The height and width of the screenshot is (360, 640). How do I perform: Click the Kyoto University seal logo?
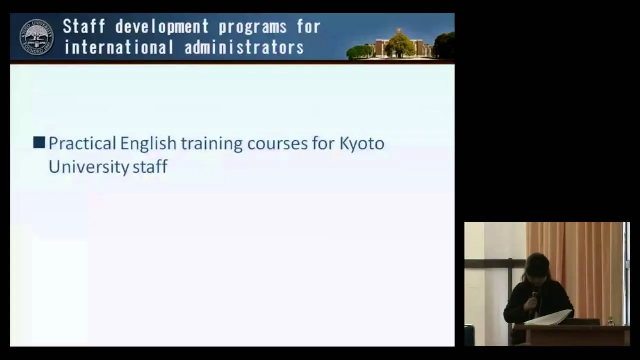pyautogui.click(x=37, y=37)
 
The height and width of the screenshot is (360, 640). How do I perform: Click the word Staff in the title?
pyautogui.click(x=84, y=26)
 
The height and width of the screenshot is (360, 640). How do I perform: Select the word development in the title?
pyautogui.click(x=162, y=27)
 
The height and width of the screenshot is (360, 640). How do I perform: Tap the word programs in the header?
pyautogui.click(x=253, y=27)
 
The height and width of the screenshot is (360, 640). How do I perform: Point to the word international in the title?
pyautogui.click(x=119, y=47)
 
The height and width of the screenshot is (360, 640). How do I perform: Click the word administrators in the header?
pyautogui.click(x=244, y=47)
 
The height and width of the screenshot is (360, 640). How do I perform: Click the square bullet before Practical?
pyautogui.click(x=39, y=143)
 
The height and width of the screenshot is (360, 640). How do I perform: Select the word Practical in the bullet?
pyautogui.click(x=82, y=143)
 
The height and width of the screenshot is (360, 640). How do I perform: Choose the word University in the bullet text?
pyautogui.click(x=89, y=167)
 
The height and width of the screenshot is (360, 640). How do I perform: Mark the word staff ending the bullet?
pyautogui.click(x=150, y=166)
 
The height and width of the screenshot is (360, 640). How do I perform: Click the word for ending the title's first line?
pyautogui.click(x=309, y=27)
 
